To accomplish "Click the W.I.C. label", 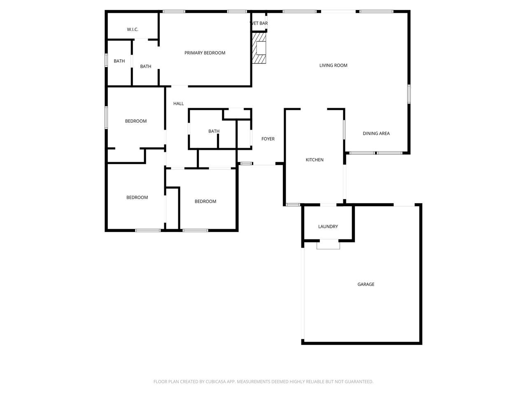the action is [133, 30].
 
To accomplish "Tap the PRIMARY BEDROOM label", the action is [205, 53].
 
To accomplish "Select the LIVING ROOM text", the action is [333, 65].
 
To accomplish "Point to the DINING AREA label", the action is [376, 133].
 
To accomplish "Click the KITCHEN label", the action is [315, 160].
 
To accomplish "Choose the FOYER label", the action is [268, 139].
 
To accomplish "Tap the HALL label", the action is [178, 103].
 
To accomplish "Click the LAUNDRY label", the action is [328, 226].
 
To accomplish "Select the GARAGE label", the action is [366, 284].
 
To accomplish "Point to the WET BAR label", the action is [259, 23].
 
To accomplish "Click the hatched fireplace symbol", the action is [259, 48].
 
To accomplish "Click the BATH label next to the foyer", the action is [214, 131].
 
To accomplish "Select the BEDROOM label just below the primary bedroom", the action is [135, 121].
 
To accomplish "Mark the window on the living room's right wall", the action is [409, 94].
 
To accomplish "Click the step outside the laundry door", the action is [328, 245].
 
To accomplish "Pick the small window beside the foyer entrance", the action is [245, 164].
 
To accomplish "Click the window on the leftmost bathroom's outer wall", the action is [106, 60].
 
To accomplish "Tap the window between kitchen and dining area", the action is [344, 130].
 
